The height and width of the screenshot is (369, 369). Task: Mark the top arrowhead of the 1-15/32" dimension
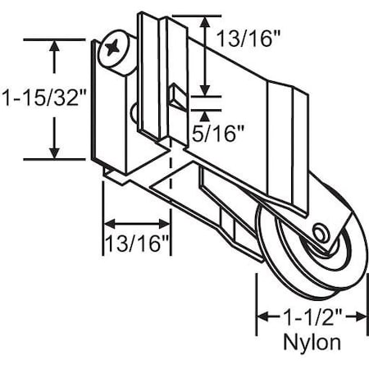pyautogui.click(x=55, y=46)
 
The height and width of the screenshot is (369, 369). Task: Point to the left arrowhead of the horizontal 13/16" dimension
pyautogui.click(x=107, y=222)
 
